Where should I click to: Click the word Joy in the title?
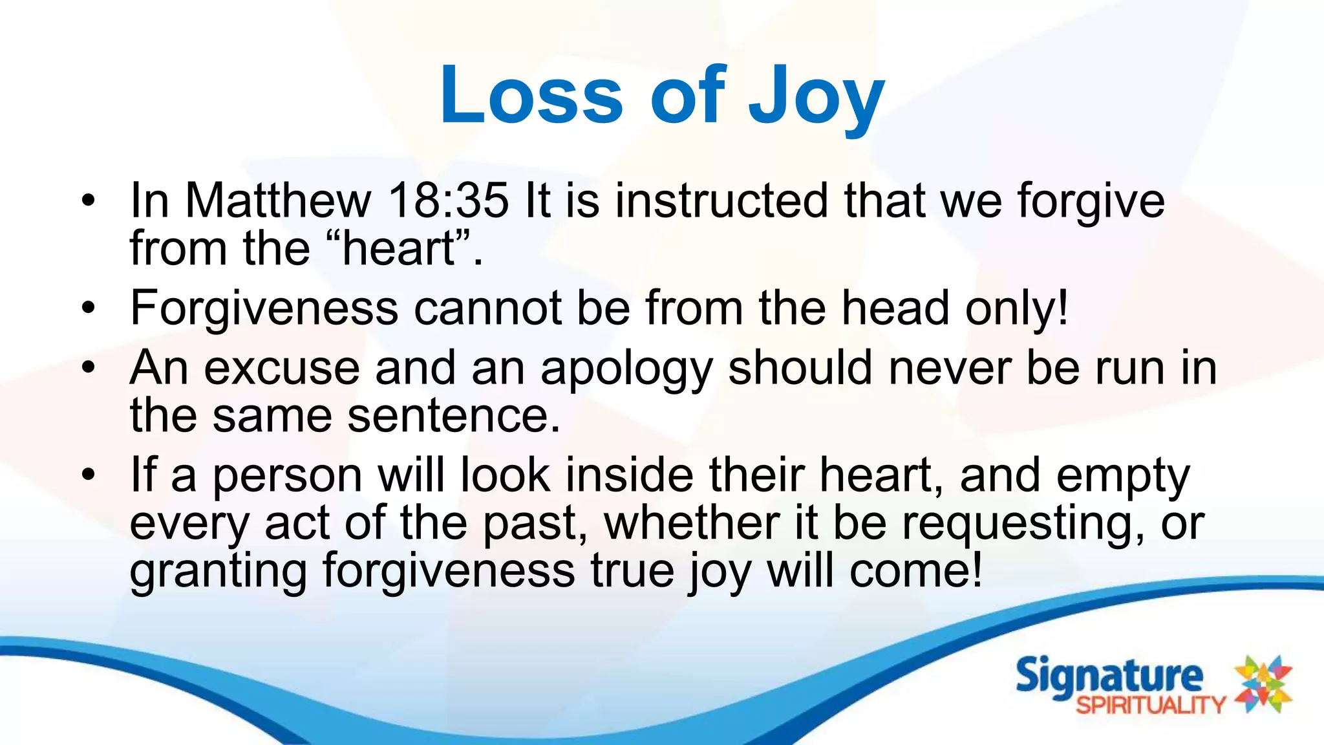click(816, 97)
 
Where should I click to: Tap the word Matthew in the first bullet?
click(278, 200)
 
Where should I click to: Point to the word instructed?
click(721, 200)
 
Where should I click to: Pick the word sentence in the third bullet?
click(453, 415)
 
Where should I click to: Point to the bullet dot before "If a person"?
click(89, 476)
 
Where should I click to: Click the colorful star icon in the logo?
click(1263, 684)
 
